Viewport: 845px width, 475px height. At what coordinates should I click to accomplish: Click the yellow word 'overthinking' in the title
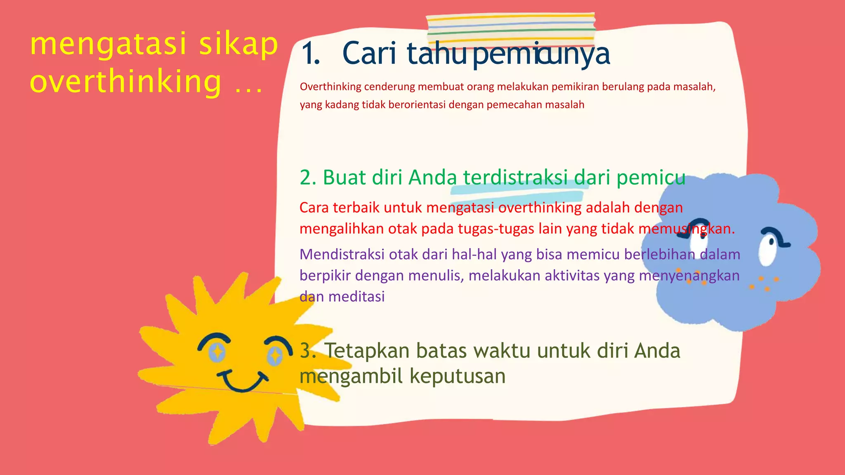126,81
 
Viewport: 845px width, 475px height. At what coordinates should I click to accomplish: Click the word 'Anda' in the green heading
433,178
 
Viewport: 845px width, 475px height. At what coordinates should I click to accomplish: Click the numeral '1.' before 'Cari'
310,54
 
